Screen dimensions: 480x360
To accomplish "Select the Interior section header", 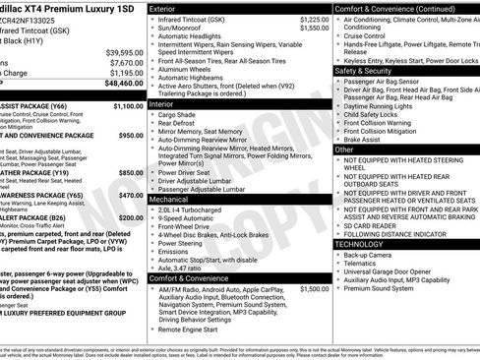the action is [x=166, y=102].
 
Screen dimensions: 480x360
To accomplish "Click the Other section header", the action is [x=346, y=150].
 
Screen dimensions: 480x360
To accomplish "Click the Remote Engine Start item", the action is [x=195, y=330].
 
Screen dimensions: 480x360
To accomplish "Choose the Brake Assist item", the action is [x=364, y=140].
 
